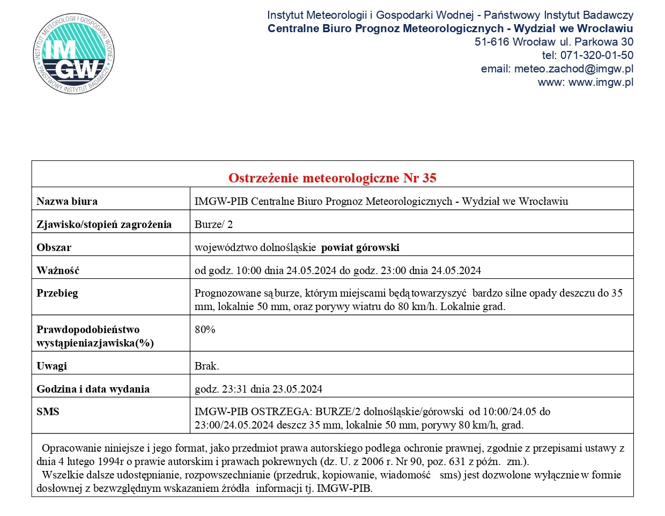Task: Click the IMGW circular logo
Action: pyautogui.click(x=74, y=54)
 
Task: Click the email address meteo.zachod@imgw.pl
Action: pyautogui.click(x=573, y=69)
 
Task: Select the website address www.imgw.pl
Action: pyautogui.click(x=601, y=82)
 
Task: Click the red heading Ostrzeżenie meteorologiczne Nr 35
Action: pyautogui.click(x=332, y=178)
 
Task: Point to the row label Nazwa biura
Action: pyautogui.click(x=67, y=202)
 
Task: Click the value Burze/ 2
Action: pyautogui.click(x=213, y=225)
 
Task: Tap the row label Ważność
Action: pyautogui.click(x=58, y=271)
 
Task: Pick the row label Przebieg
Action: pyautogui.click(x=57, y=293)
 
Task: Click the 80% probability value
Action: pyautogui.click(x=205, y=330)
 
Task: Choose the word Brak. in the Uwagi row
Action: pyautogui.click(x=206, y=366)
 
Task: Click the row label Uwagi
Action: pyautogui.click(x=52, y=366)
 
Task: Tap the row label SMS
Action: pyautogui.click(x=48, y=412)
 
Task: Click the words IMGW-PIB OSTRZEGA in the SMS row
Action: pyautogui.click(x=252, y=412)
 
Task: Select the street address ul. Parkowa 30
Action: pyautogui.click(x=596, y=42)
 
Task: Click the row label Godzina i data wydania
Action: pyautogui.click(x=93, y=389)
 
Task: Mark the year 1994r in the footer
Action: pyautogui.click(x=112, y=462)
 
